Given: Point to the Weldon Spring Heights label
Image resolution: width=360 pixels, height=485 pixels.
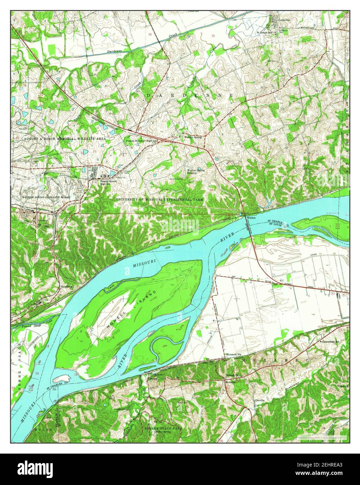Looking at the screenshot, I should tap(196, 171).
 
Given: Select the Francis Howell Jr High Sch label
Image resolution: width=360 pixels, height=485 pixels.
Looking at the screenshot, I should tap(142, 141).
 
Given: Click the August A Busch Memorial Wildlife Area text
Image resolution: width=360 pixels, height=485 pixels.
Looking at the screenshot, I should tap(65, 139).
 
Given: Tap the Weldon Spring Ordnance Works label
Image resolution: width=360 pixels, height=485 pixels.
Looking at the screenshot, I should tap(46, 197).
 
